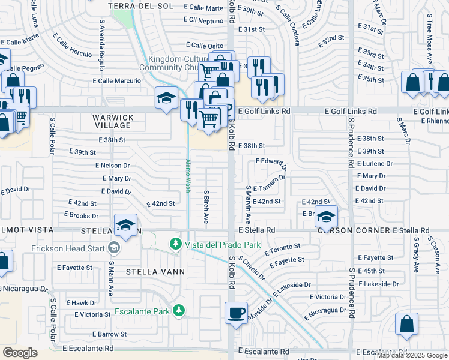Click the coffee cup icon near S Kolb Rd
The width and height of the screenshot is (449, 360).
pos(236,313)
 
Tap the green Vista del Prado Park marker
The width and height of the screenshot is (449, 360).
pos(175,244)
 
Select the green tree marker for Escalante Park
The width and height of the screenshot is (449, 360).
pos(178,310)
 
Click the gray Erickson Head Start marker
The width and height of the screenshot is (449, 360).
pos(113,248)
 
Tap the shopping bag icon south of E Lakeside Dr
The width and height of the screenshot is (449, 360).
pos(406,324)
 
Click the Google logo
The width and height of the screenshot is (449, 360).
pos(20,353)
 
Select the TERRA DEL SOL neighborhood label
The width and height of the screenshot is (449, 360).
pos(140,6)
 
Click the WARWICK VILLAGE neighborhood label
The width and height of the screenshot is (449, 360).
pos(112,121)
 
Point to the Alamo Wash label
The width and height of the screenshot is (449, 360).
pos(187,176)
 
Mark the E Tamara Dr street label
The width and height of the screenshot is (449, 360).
pos(269,182)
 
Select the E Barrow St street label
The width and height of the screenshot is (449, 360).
pos(109,334)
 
